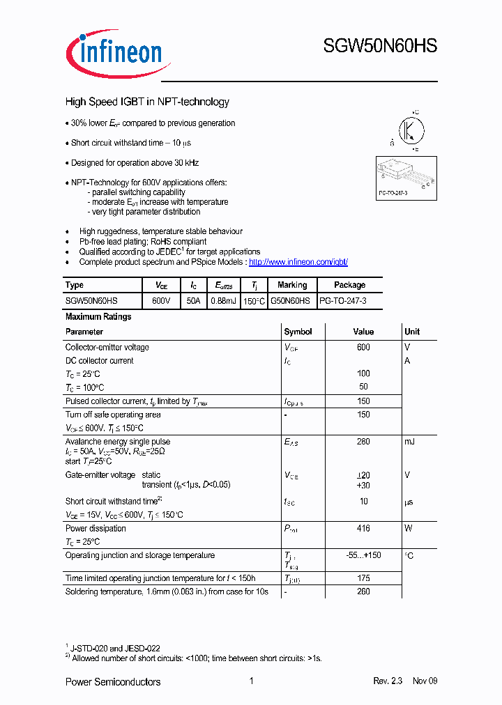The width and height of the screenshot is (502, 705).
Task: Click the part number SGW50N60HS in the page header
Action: (380, 47)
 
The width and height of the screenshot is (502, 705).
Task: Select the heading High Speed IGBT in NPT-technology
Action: (147, 102)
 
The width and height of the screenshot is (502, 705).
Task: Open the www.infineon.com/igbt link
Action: (298, 262)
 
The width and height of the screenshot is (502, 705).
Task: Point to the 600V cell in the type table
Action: (161, 300)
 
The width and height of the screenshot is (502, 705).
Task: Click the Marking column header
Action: (292, 285)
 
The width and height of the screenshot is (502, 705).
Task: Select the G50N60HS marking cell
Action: (292, 300)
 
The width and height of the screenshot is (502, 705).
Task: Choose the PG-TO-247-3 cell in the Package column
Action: (342, 300)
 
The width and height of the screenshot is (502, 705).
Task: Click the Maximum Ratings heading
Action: (98, 316)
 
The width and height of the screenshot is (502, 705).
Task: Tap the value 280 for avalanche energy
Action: (363, 442)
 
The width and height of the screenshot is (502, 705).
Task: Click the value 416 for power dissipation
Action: (363, 529)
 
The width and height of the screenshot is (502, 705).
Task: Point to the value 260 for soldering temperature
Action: (363, 591)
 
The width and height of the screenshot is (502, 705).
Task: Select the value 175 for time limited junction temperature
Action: (363, 578)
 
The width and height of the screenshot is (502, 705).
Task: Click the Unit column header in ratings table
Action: (412, 332)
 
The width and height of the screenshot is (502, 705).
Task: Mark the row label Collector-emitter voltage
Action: (107, 347)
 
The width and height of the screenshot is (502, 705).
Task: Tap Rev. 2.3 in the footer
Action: (388, 681)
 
